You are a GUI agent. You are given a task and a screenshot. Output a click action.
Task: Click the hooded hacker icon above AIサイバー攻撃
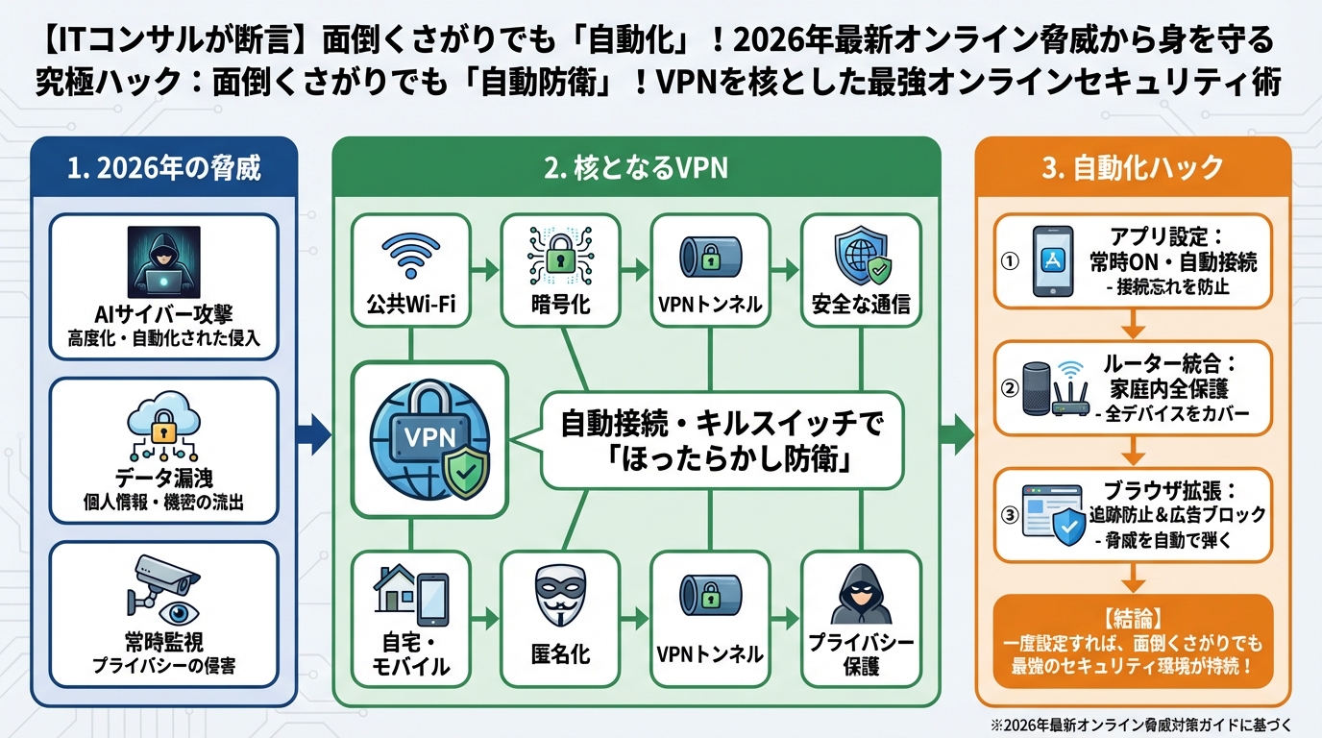point(163,260)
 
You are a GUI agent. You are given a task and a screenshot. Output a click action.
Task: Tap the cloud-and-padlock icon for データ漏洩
point(163,429)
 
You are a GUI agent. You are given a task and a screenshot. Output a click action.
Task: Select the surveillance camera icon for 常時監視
point(163,591)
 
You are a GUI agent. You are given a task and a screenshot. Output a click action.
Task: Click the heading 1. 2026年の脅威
point(164,168)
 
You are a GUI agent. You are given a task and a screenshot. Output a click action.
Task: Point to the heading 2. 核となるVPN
point(635,168)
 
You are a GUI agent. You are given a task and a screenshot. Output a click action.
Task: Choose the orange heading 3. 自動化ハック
point(1133,168)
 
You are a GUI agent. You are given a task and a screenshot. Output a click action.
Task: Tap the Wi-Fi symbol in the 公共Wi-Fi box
point(410,256)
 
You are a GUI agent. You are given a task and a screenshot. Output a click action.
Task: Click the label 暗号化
point(560,307)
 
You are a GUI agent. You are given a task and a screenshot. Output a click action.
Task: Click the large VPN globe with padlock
point(429,440)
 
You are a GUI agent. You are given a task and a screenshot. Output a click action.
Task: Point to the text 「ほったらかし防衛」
point(721,460)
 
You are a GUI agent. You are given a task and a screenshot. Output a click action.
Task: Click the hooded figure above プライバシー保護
point(860,594)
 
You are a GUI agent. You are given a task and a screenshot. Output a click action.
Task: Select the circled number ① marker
point(1010,262)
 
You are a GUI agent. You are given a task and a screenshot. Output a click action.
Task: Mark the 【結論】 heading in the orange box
point(1134,617)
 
